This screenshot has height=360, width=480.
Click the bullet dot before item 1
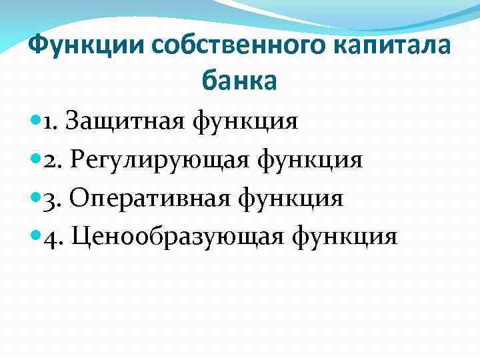point(35,121)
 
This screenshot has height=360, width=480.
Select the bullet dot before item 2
point(35,160)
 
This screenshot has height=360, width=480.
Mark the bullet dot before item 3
point(35,199)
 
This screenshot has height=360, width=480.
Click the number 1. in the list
point(53,121)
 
